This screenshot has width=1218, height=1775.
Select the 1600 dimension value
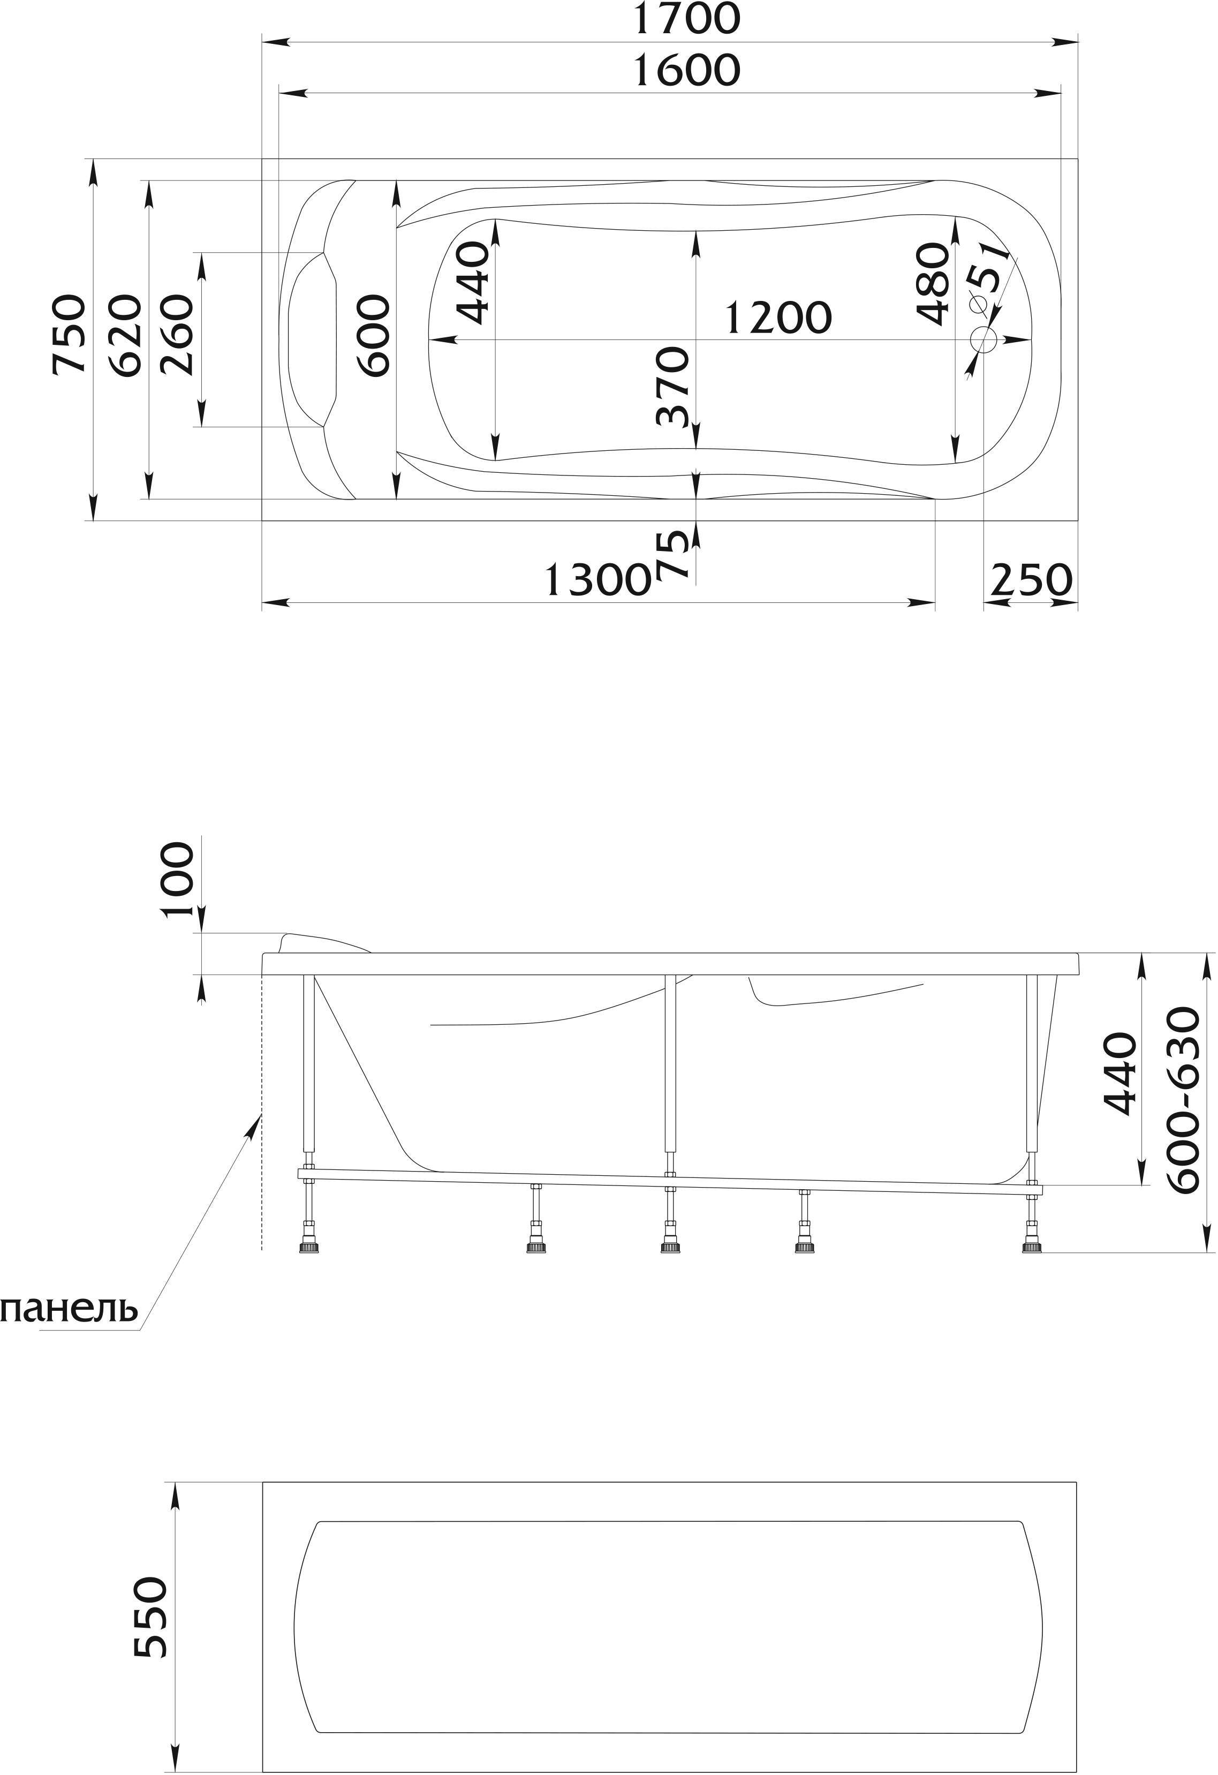point(688,70)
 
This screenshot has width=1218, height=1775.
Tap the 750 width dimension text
point(68,334)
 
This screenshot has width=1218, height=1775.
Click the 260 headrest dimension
point(178,334)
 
